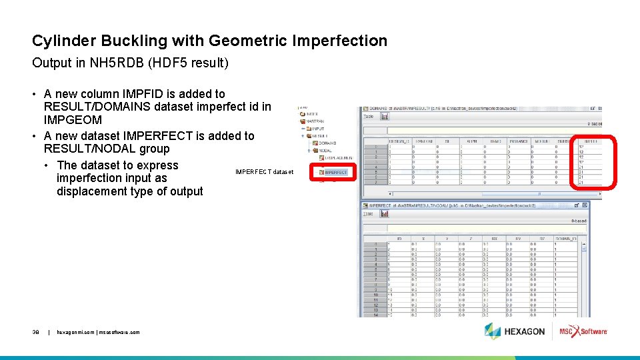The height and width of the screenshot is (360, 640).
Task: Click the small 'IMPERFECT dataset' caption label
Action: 264,172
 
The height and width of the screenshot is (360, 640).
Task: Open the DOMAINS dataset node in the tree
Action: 327,143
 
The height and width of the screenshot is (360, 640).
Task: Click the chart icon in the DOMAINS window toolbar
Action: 385,115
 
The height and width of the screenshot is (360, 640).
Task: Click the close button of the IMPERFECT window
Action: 585,205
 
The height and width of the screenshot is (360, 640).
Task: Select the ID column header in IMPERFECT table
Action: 399,238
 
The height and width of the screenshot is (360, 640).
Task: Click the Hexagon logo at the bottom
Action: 515,331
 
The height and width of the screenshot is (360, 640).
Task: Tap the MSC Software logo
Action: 583,331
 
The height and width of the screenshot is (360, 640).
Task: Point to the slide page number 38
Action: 36,332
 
